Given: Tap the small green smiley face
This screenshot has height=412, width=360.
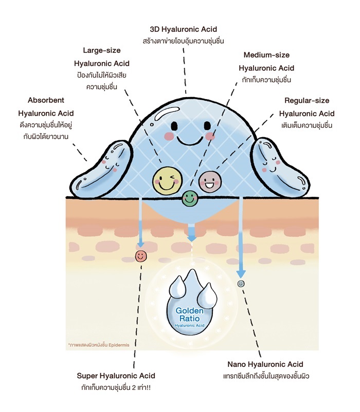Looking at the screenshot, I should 190,197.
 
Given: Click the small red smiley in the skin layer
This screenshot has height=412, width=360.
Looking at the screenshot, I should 140,255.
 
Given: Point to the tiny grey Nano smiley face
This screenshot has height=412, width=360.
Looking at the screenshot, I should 241,283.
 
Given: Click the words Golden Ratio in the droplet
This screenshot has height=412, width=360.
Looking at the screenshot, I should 190,315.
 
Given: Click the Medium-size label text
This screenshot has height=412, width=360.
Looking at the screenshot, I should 266,55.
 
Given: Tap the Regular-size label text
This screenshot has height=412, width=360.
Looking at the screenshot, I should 307,101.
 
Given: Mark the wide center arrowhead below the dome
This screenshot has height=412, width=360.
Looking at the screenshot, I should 191,237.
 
